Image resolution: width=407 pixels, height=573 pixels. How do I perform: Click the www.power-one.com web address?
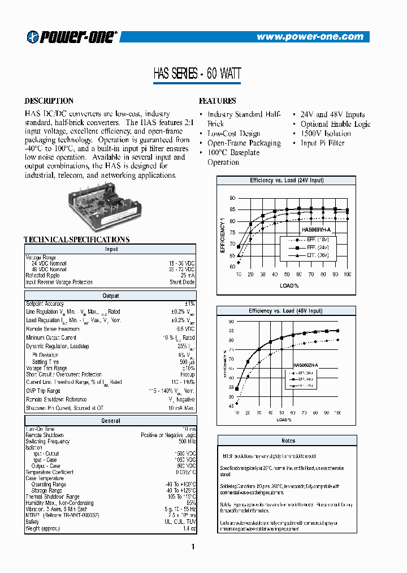309,37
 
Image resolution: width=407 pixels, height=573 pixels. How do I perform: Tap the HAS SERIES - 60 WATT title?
197,74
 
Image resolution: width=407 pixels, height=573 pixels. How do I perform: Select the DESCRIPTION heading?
49,101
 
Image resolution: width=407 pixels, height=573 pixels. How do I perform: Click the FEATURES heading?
218,101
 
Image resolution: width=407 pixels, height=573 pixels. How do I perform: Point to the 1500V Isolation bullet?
326,134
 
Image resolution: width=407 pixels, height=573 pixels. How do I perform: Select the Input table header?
111,249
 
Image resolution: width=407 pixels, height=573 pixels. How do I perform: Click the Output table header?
111,296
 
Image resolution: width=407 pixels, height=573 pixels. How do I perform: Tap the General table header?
111,421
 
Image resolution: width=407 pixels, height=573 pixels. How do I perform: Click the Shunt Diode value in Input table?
182,282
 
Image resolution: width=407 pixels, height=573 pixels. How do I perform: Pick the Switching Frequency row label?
48,441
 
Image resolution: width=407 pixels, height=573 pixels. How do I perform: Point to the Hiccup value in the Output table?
187,375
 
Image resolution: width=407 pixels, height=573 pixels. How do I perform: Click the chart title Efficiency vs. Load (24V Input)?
287,180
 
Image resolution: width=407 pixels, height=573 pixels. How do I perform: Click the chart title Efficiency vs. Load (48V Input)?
287,311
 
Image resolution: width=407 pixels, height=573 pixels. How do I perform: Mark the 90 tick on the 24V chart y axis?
232,198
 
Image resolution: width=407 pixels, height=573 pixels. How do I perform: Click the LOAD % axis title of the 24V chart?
289,285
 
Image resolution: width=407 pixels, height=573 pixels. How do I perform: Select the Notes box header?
288,440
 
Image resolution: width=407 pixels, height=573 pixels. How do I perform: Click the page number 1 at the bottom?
193,546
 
